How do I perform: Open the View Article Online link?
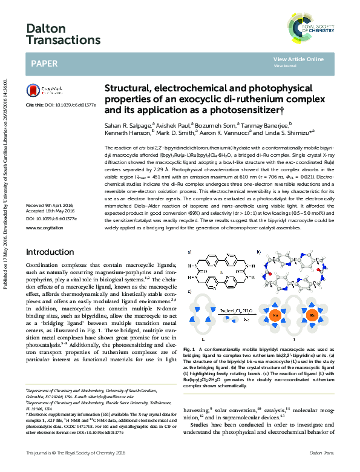point(298,59)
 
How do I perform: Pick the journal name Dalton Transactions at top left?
point(54,34)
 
